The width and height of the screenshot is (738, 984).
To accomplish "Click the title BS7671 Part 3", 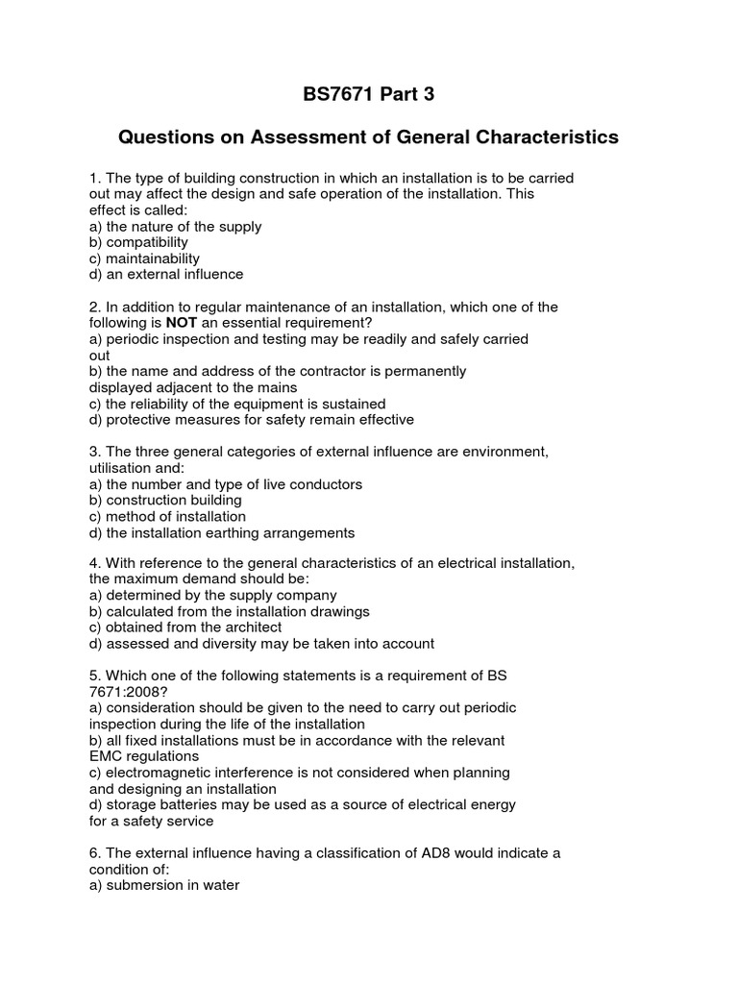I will click(x=368, y=94).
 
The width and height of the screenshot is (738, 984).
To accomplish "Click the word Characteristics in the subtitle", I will click(x=546, y=137).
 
